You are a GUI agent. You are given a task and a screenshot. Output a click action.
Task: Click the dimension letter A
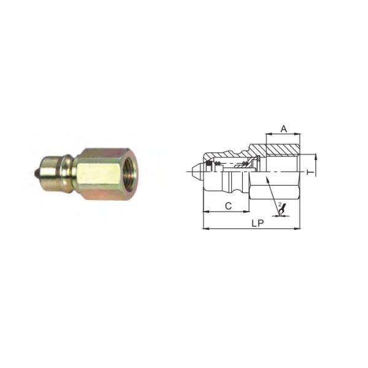coord(283,129)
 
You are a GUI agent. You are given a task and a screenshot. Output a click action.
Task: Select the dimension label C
coord(228,206)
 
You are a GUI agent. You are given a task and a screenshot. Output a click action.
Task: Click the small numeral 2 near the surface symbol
coord(280,204)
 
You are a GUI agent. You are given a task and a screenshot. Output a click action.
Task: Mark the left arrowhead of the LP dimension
coord(205,229)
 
